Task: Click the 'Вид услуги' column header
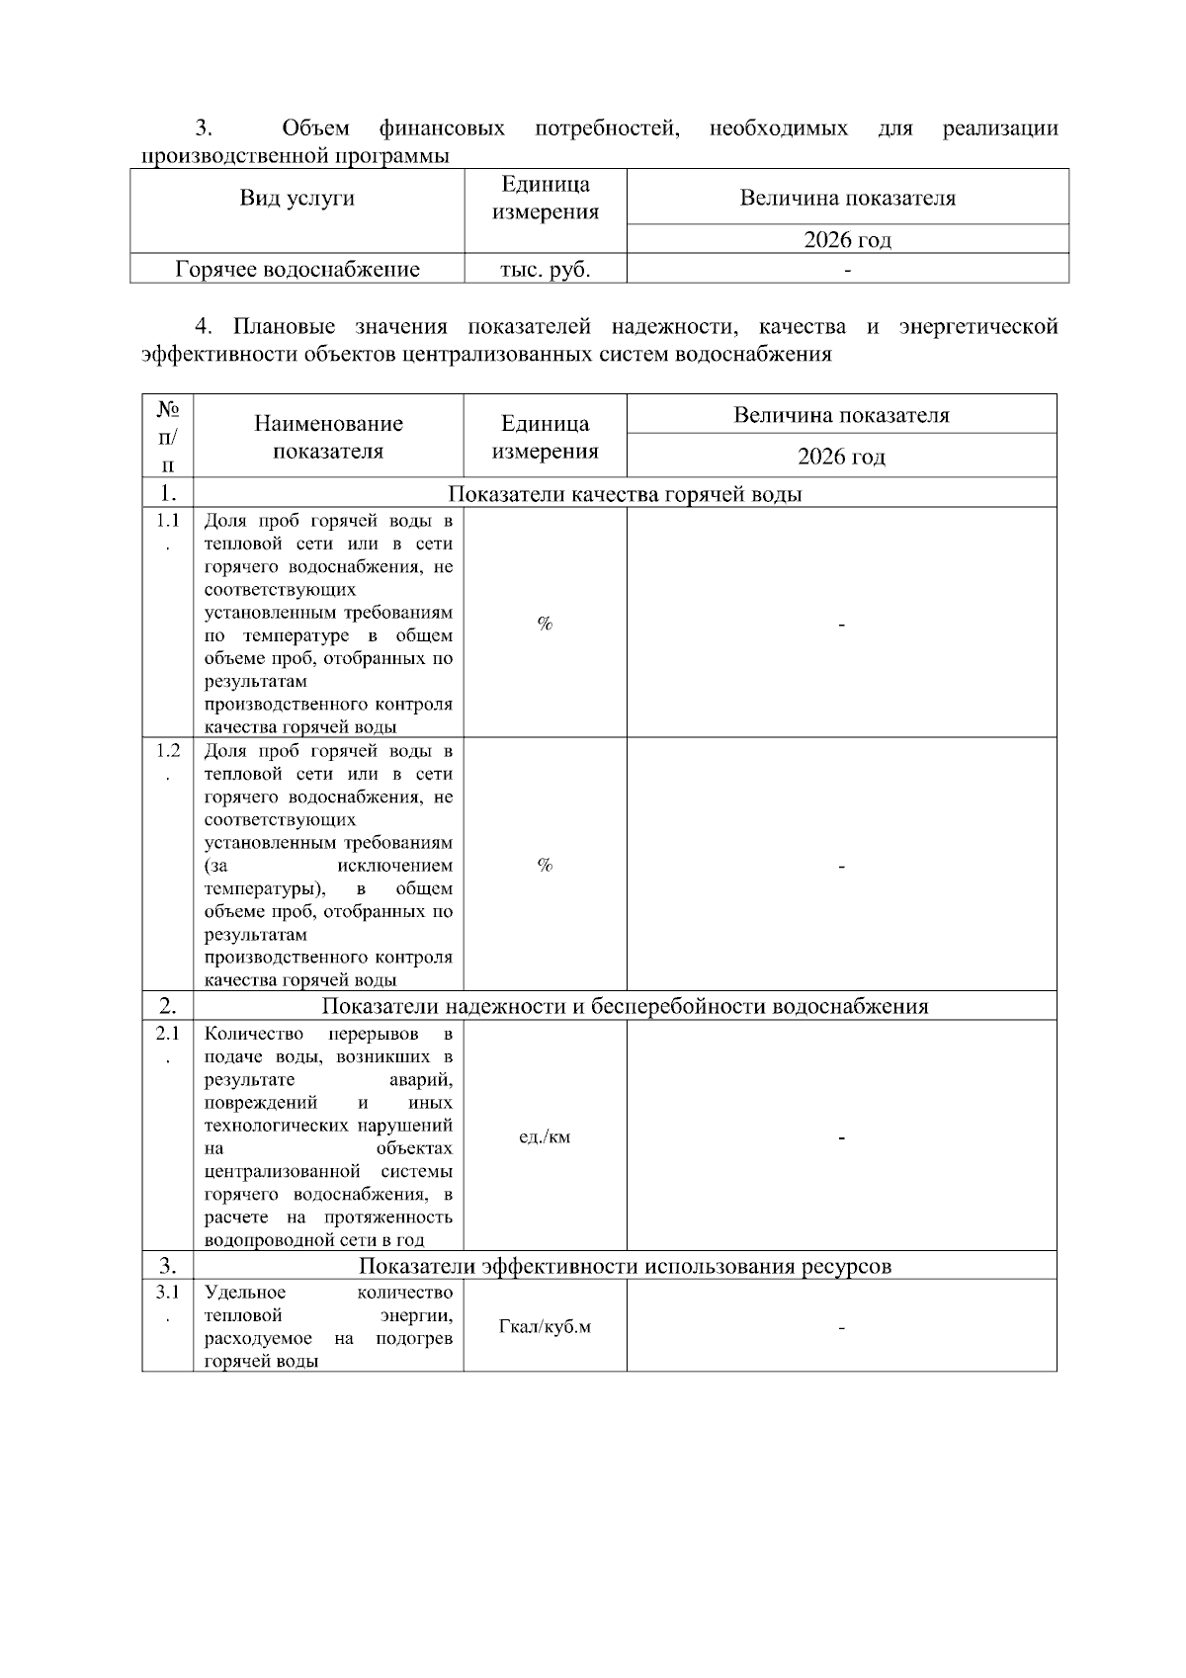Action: coord(296,198)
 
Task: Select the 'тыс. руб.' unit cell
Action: coord(545,269)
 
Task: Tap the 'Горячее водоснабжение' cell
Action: coord(296,269)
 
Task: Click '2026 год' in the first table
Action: coord(847,239)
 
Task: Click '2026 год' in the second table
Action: coord(841,457)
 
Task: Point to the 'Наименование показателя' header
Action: coord(328,437)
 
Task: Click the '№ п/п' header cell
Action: coord(168,436)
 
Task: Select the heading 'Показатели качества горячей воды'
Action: coord(625,494)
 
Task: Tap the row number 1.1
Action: coord(168,521)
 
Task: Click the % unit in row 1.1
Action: coord(545,624)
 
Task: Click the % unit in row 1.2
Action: coord(545,866)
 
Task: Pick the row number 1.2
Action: coord(168,750)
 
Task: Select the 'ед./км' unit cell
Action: coord(545,1137)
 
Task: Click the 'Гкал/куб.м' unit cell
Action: coord(545,1326)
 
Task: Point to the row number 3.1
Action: coord(168,1293)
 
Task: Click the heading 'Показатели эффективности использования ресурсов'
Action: coord(625,1266)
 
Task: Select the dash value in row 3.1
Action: coord(841,1327)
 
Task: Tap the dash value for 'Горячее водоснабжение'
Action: coord(847,269)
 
